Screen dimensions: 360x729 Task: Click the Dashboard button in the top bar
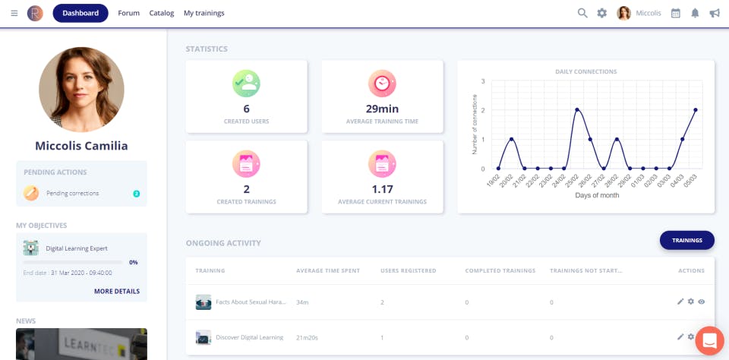click(x=80, y=13)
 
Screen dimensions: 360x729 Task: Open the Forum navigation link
click(x=129, y=13)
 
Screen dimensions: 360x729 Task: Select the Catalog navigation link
click(x=162, y=13)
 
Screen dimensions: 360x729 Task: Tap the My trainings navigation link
click(x=204, y=13)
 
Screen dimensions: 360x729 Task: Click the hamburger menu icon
click(x=14, y=13)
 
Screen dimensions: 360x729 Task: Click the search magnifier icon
click(x=582, y=13)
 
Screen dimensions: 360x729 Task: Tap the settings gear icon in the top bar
click(x=602, y=13)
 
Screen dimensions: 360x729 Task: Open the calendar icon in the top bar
click(x=675, y=13)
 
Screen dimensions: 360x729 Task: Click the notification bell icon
click(x=695, y=13)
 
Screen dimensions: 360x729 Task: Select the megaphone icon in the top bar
click(x=715, y=13)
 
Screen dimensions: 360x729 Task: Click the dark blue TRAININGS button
click(x=687, y=240)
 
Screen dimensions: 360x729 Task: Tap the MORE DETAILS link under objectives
click(x=117, y=291)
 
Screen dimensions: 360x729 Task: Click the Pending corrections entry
click(x=73, y=193)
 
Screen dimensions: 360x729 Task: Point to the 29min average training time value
click(x=382, y=109)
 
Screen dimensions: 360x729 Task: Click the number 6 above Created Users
click(x=246, y=109)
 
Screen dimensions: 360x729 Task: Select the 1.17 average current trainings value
click(x=382, y=188)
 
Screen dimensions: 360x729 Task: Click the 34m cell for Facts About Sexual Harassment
click(x=303, y=302)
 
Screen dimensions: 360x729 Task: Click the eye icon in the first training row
click(x=702, y=302)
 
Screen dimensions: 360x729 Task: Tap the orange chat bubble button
click(x=709, y=341)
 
